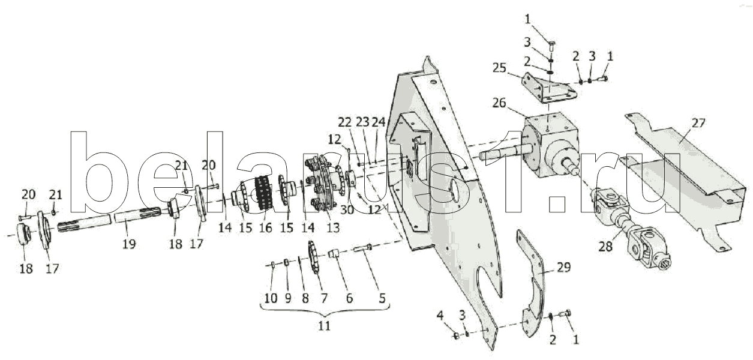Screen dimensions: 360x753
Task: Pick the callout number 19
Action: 127,245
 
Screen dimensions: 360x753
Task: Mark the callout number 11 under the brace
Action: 324,326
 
